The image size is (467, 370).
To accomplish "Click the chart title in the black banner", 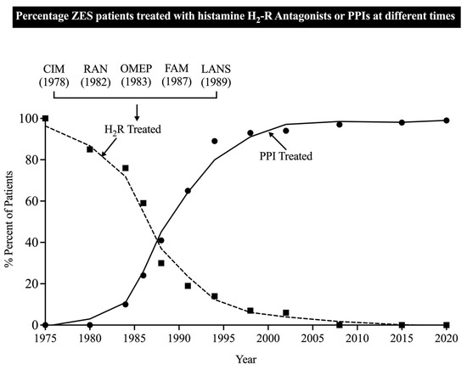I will (x=233, y=17).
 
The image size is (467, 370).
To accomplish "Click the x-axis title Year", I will (x=245, y=357).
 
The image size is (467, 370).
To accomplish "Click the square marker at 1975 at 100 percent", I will (x=44, y=119).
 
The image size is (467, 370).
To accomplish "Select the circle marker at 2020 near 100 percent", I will (x=446, y=120).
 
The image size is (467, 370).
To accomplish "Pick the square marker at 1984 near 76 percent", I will (x=126, y=168).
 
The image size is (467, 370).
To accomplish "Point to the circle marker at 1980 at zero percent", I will (x=90, y=325).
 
